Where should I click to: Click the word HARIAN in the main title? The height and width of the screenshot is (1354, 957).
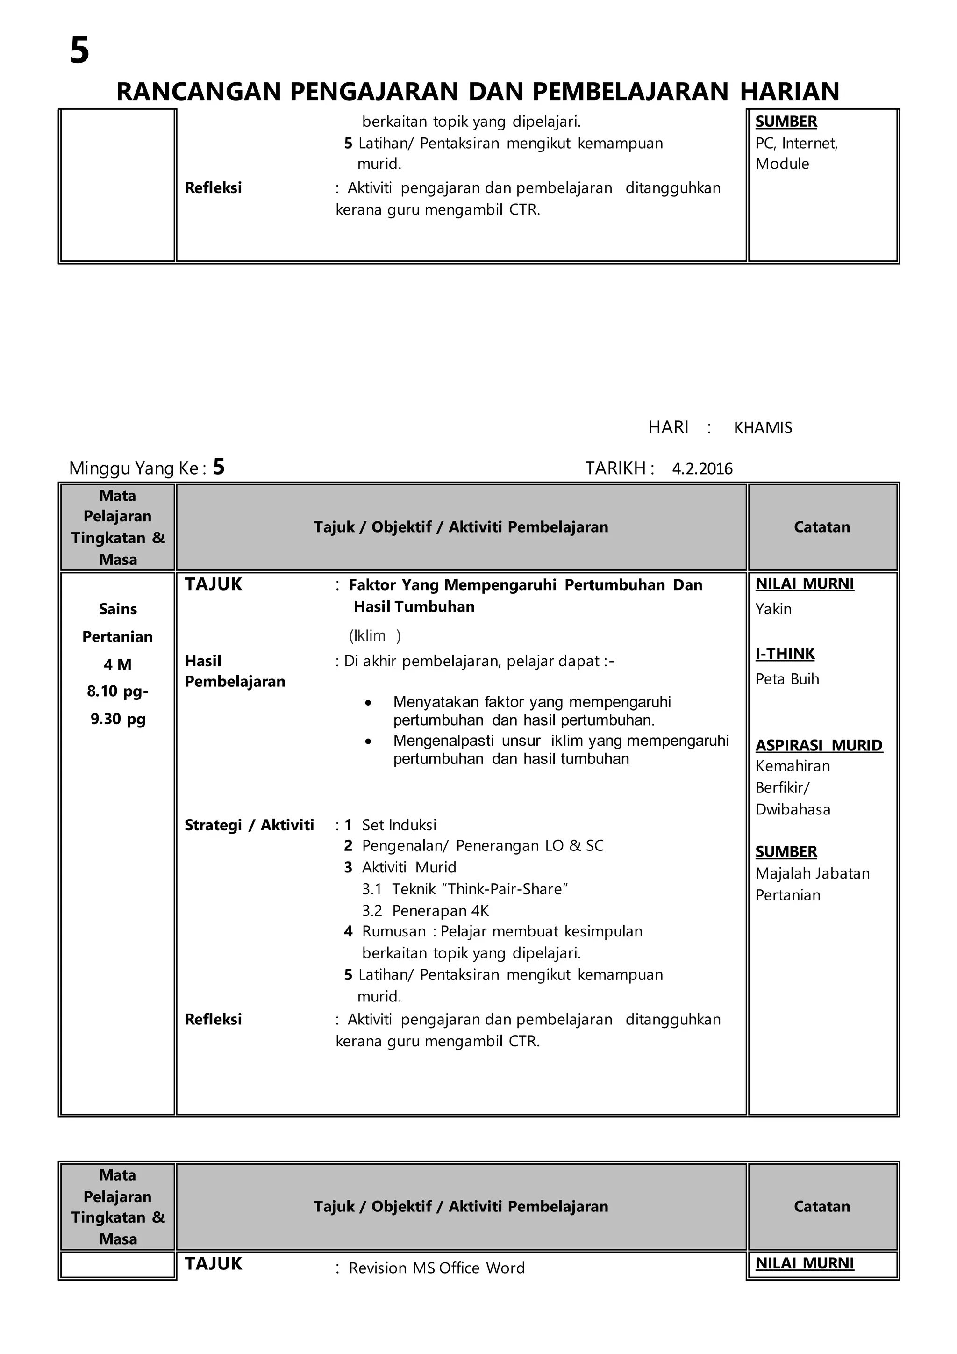click(x=789, y=92)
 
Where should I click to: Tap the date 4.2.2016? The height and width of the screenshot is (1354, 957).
click(x=702, y=469)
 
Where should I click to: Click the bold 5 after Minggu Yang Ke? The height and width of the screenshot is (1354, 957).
click(x=219, y=467)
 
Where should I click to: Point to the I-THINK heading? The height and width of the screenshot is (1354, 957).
click(x=785, y=654)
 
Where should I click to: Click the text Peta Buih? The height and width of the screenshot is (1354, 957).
click(x=787, y=679)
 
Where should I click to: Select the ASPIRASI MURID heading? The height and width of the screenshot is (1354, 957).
click(x=819, y=745)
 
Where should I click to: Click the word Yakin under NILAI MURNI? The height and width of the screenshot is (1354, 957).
click(x=773, y=609)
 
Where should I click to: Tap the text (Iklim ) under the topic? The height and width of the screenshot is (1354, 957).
click(x=375, y=636)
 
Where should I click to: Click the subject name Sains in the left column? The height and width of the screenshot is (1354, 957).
click(x=118, y=609)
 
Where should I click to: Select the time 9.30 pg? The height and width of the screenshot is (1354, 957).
click(x=118, y=719)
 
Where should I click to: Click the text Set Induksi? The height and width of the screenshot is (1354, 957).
click(x=399, y=825)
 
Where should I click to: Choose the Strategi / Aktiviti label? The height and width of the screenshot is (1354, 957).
click(x=249, y=825)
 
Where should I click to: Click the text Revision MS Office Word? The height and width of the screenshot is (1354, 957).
click(x=436, y=1268)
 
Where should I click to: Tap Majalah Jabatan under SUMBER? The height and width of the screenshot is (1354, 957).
click(x=812, y=873)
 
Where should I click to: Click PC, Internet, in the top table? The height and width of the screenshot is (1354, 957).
click(x=796, y=144)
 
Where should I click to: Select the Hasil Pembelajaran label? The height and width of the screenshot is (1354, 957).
click(x=235, y=671)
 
